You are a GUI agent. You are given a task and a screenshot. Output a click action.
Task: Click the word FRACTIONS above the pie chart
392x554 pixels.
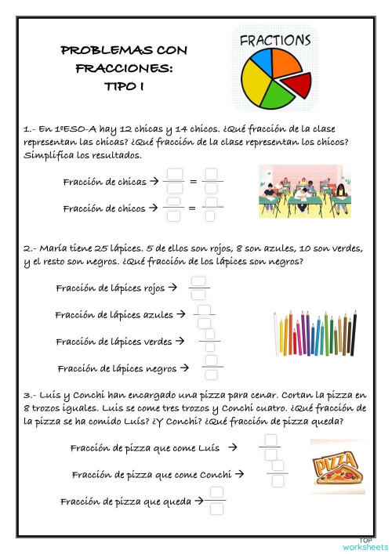[274, 39]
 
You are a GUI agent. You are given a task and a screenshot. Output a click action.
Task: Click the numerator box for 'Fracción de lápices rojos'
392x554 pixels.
[199, 281]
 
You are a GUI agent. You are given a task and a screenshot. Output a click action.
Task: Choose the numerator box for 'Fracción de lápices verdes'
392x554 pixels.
[209, 335]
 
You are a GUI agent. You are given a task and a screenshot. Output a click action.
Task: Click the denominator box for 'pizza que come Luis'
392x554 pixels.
[271, 454]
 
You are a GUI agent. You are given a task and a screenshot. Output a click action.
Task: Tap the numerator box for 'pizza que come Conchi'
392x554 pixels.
[277, 466]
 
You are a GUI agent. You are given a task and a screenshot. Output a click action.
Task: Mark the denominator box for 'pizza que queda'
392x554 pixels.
[217, 509]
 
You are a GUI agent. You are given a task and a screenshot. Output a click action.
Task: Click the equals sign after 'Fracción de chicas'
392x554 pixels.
[193, 182]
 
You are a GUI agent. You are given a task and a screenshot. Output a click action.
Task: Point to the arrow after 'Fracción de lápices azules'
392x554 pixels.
[181, 314]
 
